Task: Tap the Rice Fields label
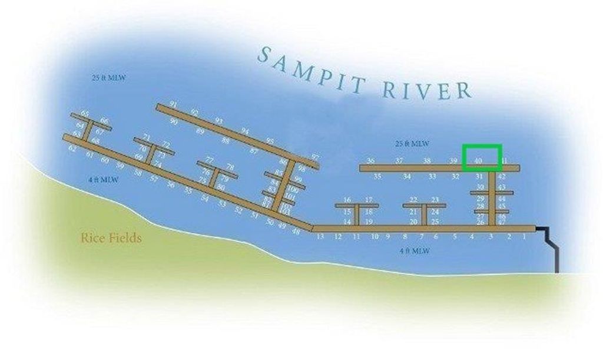(x=111, y=239)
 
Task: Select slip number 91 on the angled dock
(x=173, y=104)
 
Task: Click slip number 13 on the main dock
(x=320, y=237)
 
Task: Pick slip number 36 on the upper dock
(x=370, y=160)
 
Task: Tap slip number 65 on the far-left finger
(x=85, y=113)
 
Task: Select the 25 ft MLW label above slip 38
(x=412, y=143)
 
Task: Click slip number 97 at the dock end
(x=315, y=157)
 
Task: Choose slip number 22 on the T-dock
(x=413, y=200)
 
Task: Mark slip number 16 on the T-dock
(x=347, y=200)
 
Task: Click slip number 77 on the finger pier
(x=210, y=160)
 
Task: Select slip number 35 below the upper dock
(x=377, y=176)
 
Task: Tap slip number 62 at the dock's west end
(x=72, y=149)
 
